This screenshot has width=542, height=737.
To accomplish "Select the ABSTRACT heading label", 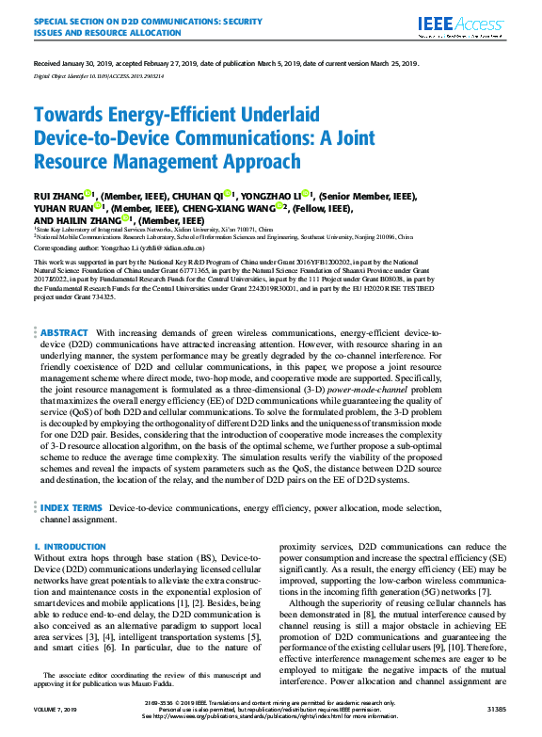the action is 65,332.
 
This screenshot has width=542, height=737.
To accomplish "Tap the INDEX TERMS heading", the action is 72,507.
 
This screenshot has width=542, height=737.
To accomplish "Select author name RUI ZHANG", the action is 58,195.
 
